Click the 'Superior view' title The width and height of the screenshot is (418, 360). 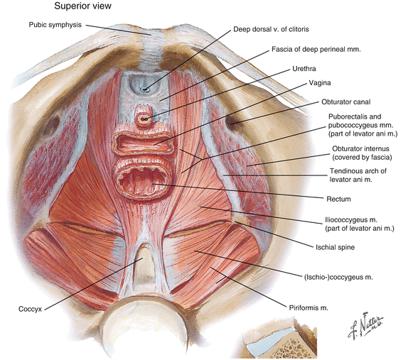pyautogui.click(x=82, y=6)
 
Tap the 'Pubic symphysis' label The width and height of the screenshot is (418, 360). pyautogui.click(x=55, y=25)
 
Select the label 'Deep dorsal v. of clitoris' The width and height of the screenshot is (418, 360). pyautogui.click(x=271, y=29)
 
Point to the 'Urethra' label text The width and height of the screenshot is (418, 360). pyautogui.click(x=304, y=69)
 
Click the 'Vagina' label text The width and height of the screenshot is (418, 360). pyautogui.click(x=320, y=83)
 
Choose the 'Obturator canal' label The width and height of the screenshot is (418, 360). pyautogui.click(x=345, y=102)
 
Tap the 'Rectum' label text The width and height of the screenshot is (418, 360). pyautogui.click(x=338, y=199)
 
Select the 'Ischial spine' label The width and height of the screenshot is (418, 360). pyautogui.click(x=335, y=247)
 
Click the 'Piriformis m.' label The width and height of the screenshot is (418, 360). pyautogui.click(x=309, y=308)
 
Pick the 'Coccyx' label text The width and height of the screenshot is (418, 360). pyautogui.click(x=30, y=309)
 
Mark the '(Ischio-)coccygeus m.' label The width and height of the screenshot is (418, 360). pyautogui.click(x=338, y=277)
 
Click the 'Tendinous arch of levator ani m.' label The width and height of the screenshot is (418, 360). pyautogui.click(x=358, y=175)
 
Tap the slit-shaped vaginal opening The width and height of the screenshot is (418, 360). pyautogui.click(x=144, y=144)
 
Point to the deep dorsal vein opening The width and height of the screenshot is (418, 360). pyautogui.click(x=145, y=89)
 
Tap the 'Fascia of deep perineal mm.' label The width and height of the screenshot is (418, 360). pyautogui.click(x=316, y=49)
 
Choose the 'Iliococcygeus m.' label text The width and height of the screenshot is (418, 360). pyautogui.click(x=350, y=220)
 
